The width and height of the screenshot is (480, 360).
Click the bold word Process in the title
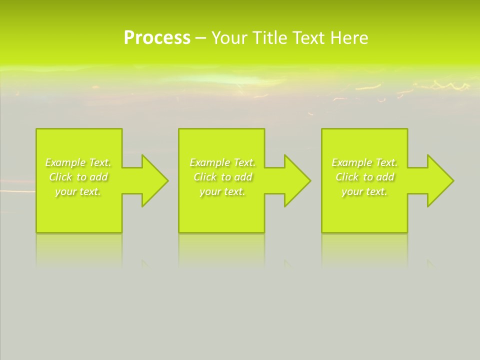[x=157, y=38]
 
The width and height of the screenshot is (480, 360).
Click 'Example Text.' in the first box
[x=78, y=162]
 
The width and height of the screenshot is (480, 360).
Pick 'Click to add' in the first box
[x=78, y=177]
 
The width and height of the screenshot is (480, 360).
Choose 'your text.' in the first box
[x=78, y=191]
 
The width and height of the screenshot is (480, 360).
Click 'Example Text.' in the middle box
[x=222, y=162]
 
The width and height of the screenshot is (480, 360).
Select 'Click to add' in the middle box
[x=222, y=177]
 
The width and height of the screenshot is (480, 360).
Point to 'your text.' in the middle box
[x=222, y=191]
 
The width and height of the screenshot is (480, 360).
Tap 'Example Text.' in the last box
[x=364, y=162]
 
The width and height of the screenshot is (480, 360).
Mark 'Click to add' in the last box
[x=364, y=177]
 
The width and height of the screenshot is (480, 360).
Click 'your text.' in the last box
[x=364, y=191]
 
